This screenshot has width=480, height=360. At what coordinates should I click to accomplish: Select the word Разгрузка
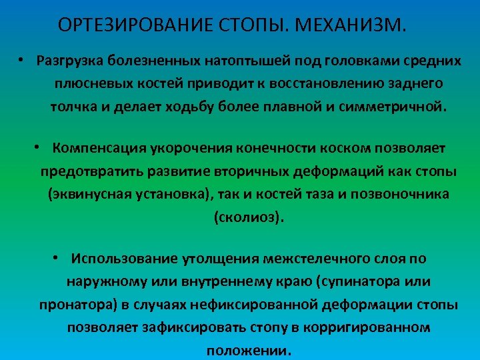[70, 61]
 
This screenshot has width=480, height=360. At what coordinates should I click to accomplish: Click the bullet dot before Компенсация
[39, 147]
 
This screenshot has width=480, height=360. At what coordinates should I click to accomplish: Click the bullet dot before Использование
[59, 258]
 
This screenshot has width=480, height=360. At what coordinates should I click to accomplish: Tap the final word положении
[249, 351]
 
